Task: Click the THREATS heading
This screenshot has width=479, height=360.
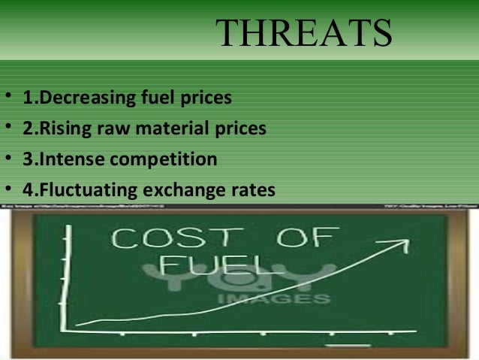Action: click(304, 33)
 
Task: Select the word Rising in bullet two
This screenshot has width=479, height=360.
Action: click(62, 129)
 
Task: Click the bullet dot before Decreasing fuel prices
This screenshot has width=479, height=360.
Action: click(7, 98)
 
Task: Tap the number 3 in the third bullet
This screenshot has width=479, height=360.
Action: click(27, 160)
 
